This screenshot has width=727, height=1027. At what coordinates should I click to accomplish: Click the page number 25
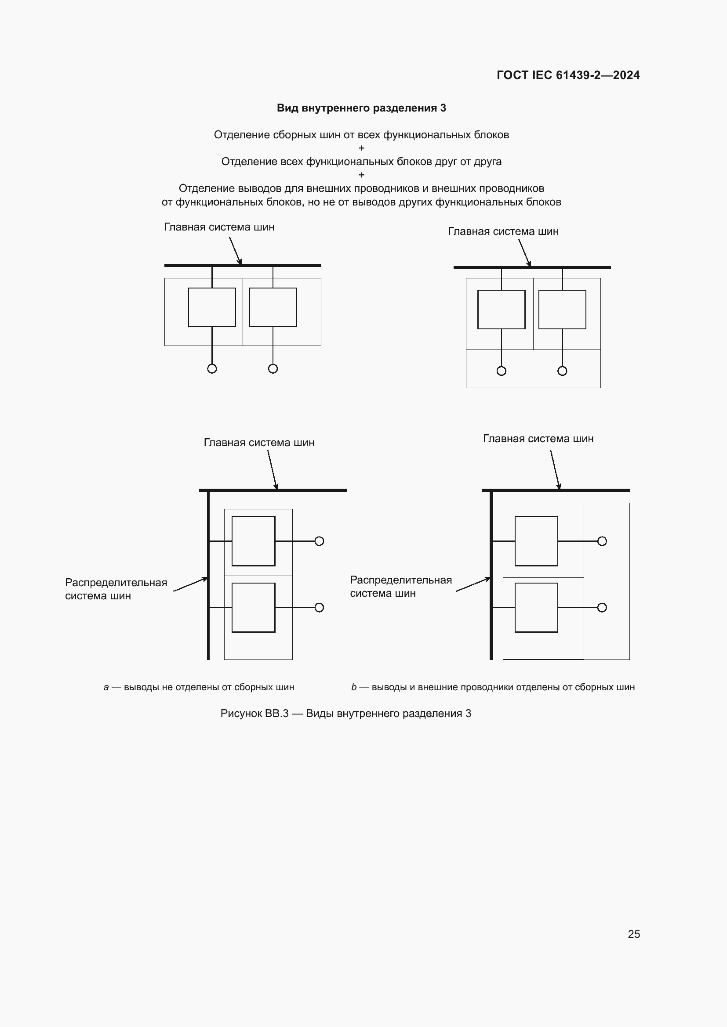point(633,934)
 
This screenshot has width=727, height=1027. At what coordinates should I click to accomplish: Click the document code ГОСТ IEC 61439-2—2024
point(567,75)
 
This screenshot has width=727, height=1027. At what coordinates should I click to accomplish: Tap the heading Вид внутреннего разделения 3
point(361,108)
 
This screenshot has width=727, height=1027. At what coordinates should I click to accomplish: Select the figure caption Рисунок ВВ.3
point(345,713)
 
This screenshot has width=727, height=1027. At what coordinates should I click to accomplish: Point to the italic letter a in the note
point(106,687)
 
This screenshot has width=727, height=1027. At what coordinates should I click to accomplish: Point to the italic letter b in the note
point(354,687)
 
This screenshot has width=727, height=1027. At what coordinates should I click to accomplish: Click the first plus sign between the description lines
point(362,148)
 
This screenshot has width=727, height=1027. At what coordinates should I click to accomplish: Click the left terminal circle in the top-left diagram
point(212,368)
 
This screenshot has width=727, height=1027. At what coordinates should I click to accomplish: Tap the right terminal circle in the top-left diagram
point(273,368)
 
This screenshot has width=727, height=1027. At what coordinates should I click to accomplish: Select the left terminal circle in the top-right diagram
point(502,371)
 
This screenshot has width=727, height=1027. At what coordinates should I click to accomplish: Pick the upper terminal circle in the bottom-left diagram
point(319,541)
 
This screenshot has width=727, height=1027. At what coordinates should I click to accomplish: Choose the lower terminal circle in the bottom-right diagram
point(602,607)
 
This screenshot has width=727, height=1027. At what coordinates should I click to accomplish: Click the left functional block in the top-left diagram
point(212,307)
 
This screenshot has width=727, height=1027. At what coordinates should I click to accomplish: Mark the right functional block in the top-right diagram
point(562,310)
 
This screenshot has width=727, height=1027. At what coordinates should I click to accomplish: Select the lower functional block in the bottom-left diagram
point(253,607)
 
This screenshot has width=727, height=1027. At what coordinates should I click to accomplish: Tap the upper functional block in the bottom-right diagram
point(536,541)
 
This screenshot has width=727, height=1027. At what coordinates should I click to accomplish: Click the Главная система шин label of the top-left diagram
point(219,227)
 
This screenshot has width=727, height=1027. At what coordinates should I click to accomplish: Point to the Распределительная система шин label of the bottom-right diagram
point(401,587)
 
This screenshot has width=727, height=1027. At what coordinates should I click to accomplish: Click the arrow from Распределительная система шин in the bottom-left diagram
point(191,584)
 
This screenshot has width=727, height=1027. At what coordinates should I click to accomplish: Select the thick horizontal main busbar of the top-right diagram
point(532,267)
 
